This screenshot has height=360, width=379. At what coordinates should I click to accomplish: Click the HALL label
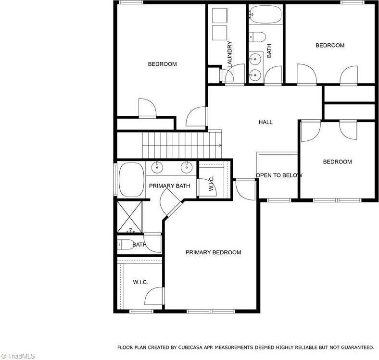pyautogui.click(x=265, y=122)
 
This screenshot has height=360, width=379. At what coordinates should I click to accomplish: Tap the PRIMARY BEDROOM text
pyautogui.click(x=213, y=252)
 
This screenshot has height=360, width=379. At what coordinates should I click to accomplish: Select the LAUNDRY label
pyautogui.click(x=229, y=54)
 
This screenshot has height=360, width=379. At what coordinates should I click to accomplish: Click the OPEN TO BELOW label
pyautogui.click(x=279, y=175)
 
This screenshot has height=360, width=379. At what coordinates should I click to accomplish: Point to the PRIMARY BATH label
pyautogui.click(x=169, y=186)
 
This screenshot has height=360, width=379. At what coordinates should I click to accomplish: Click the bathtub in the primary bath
pyautogui.click(x=131, y=179)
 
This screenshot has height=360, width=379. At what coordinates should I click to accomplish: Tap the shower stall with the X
pyautogui.click(x=130, y=217)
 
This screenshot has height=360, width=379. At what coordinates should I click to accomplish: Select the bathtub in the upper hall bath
pyautogui.click(x=265, y=14)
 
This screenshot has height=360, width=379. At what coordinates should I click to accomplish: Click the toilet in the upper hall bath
pyautogui.click(x=258, y=37)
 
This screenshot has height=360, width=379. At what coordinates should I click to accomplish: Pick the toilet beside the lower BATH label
pyautogui.click(x=126, y=245)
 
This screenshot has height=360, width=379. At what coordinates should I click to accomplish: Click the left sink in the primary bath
pyautogui.click(x=157, y=167)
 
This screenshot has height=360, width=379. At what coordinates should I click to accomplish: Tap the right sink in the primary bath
pyautogui.click(x=187, y=167)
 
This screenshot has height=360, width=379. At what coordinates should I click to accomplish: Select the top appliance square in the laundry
pyautogui.click(x=219, y=16)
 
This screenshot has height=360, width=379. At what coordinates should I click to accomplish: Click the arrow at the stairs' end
pyautogui.click(x=220, y=145)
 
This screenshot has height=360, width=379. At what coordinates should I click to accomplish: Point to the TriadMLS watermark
pyautogui.click(x=18, y=356)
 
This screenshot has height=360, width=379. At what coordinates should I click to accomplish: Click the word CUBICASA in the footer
pyautogui.click(x=189, y=348)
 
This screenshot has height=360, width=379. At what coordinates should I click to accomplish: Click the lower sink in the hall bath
pyautogui.click(x=255, y=74)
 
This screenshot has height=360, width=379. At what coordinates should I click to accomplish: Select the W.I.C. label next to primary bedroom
pyautogui.click(x=140, y=282)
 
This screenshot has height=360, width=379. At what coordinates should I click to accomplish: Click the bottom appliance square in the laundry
pyautogui.click(x=219, y=33)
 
